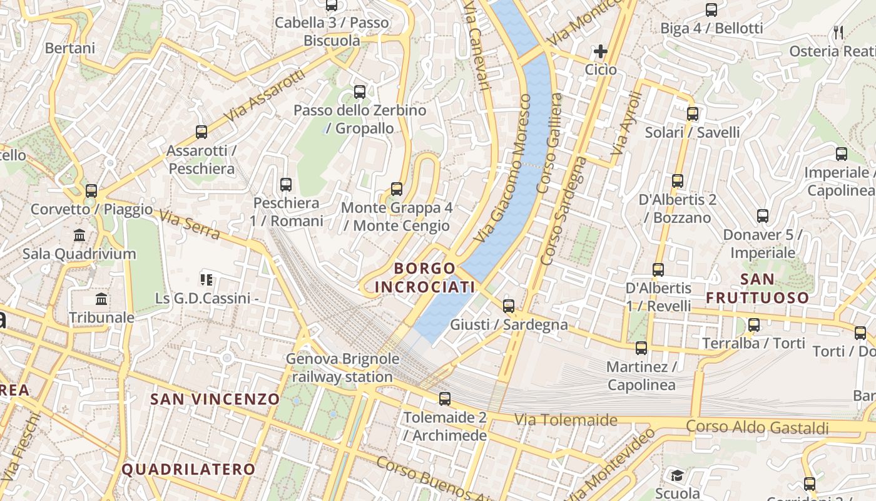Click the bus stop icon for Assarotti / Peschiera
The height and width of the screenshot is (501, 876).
pos(201,132)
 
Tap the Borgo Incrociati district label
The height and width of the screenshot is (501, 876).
pos(425,277)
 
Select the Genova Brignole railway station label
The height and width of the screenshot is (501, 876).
pos(342,368)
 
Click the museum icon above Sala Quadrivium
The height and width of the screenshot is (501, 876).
pos(79,235)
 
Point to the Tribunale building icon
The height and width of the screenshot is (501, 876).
pos(101,299)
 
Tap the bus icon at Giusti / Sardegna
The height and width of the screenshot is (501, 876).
pos(509,306)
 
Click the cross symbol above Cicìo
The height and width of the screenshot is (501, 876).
pos(601,51)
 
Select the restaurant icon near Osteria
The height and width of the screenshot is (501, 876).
pos(838,32)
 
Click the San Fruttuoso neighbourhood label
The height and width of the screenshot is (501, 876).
pos(758,288)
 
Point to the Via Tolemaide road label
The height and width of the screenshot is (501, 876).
pos(566,420)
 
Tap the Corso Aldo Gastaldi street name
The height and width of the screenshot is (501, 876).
pos(757,427)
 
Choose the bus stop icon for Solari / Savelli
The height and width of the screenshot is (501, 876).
pos(692,113)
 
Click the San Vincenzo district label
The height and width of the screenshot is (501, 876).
pos(215,399)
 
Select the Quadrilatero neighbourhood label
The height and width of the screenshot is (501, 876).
pos(188,469)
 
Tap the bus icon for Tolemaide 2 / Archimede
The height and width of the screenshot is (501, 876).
pos(445,398)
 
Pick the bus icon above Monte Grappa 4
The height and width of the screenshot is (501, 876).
pos(396,189)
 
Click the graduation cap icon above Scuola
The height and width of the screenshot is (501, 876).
pos(677,475)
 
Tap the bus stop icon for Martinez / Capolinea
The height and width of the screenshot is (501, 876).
pos(641,348)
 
